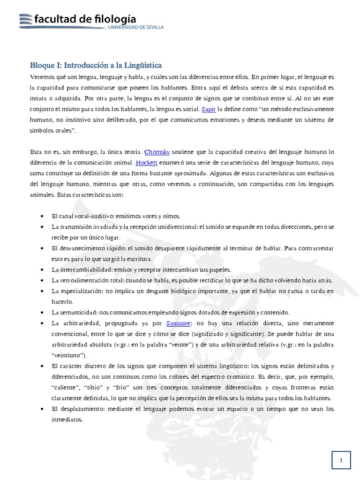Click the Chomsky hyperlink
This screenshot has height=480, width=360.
point(157,152)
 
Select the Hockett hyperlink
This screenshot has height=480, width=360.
point(146,163)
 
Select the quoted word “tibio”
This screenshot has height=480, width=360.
point(103,388)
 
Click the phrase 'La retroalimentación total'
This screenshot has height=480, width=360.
point(88,280)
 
